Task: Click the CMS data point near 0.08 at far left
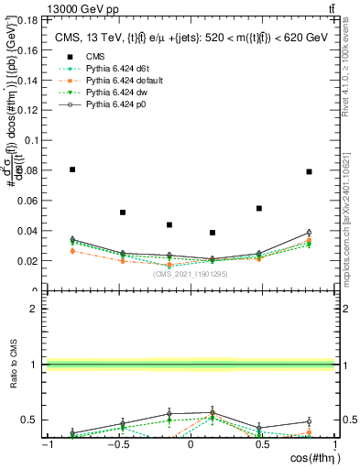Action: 72,169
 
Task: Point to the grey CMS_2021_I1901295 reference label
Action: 191,274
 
